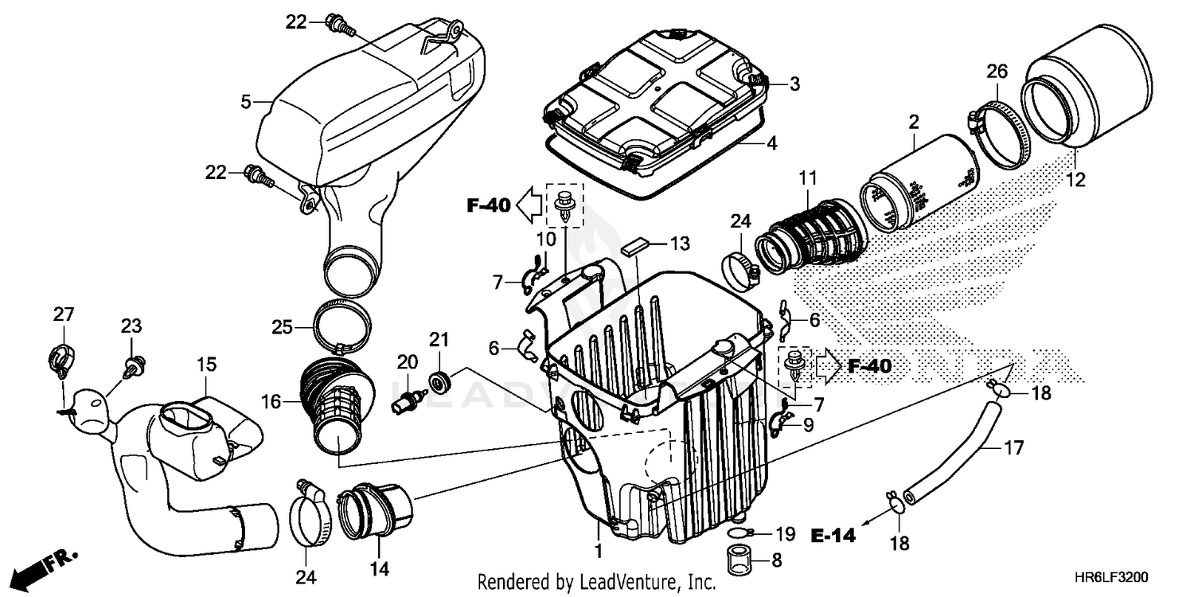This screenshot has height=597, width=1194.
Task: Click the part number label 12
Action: pos(1075,181)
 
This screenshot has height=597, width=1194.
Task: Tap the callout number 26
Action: pos(997,72)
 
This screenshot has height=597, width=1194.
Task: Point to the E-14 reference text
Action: pos(833,536)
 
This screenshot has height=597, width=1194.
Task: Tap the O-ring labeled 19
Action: pos(739,533)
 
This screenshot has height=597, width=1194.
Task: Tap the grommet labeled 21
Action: pos(439,380)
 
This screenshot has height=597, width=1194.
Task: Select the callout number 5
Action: pos(246,101)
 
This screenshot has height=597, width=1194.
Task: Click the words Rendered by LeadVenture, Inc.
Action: pos(597,582)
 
